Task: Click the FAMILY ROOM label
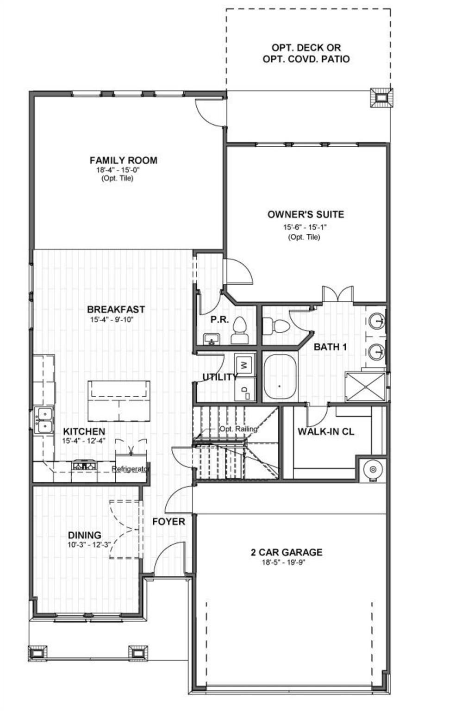(x=123, y=160)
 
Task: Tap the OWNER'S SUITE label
(x=306, y=214)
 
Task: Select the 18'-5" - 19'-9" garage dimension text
(x=286, y=562)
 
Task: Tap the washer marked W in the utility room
(x=245, y=364)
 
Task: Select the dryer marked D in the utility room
(x=245, y=389)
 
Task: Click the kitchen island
(x=119, y=400)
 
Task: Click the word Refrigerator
(x=131, y=469)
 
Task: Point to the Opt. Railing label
(x=238, y=429)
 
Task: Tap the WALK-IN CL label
(x=325, y=432)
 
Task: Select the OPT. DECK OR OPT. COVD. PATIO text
(x=306, y=53)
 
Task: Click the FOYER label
(x=168, y=522)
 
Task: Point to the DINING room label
(x=84, y=535)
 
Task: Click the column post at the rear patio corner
(x=381, y=98)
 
